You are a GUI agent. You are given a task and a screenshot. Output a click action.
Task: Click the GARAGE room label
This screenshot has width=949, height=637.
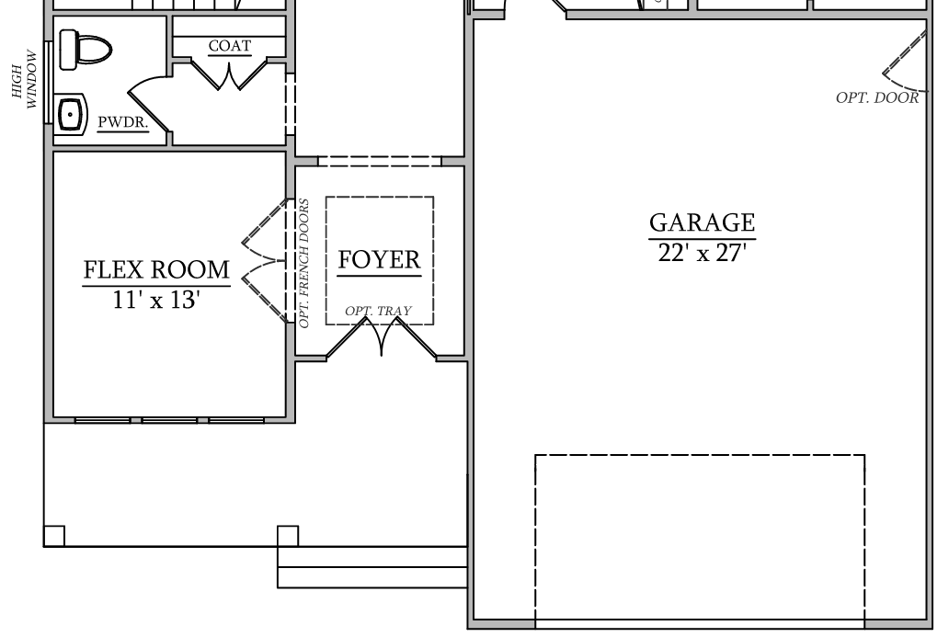point(702,222)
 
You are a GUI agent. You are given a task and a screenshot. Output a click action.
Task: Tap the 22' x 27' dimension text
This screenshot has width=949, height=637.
point(701,254)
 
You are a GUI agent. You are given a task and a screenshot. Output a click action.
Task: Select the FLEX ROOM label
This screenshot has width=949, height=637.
point(156,270)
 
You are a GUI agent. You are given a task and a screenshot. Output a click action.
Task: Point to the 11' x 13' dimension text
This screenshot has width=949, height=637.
point(156,300)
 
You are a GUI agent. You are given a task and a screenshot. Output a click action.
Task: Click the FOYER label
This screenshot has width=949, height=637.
point(379,260)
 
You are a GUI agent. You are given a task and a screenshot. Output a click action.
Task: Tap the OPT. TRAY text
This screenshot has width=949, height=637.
point(378,312)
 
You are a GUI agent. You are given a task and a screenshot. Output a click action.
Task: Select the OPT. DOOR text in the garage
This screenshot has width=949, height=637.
point(876,98)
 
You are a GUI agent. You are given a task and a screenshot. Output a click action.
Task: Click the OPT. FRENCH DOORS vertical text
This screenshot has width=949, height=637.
point(304,263)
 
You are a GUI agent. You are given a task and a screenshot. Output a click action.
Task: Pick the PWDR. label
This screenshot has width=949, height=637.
point(123,121)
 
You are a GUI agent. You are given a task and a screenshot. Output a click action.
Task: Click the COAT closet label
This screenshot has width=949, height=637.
point(229,46)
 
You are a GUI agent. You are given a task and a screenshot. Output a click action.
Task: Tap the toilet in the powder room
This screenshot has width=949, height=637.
point(84,50)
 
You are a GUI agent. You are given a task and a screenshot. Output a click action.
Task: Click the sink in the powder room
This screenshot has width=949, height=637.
point(72,114)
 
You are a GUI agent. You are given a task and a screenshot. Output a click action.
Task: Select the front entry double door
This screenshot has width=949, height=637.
point(381,339)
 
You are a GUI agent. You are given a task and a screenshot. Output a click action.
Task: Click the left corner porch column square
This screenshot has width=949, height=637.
point(54,535)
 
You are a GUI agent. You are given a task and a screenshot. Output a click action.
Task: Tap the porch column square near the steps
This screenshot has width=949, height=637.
point(288,535)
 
